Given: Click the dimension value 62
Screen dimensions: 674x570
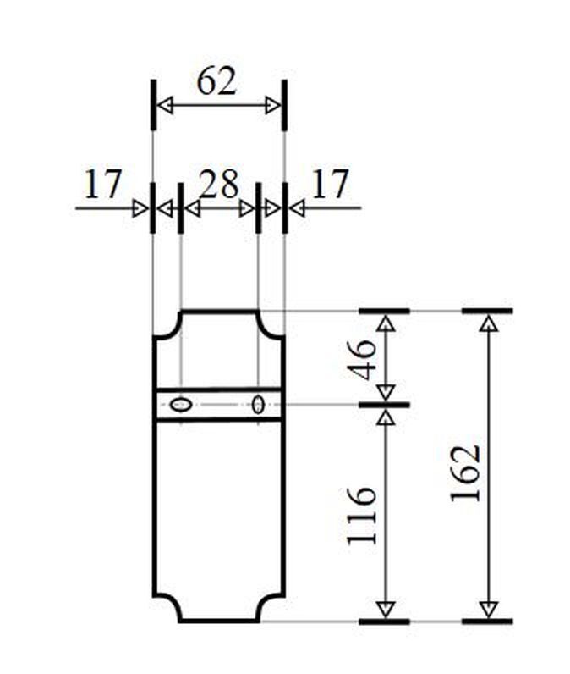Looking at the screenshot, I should [x=216, y=82].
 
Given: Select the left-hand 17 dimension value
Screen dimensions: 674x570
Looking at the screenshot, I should [x=103, y=184].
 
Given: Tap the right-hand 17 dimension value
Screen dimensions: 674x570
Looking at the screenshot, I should [x=330, y=184].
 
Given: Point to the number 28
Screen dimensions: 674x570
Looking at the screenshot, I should [x=218, y=184].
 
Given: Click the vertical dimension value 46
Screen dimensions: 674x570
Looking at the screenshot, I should [x=363, y=358].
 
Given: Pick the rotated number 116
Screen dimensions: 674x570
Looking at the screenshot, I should [x=363, y=515].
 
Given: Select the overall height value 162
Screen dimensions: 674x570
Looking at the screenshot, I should [x=466, y=472].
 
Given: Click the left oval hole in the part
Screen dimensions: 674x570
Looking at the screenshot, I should [x=179, y=405].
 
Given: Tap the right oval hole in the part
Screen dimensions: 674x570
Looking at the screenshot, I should [x=258, y=405].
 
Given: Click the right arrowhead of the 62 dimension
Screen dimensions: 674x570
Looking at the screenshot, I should [x=272, y=106].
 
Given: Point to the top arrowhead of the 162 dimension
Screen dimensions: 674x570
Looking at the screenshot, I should [x=487, y=323].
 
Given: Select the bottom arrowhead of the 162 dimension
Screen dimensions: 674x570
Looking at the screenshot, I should [x=487, y=609].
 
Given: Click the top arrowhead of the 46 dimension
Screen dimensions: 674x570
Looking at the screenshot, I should [x=386, y=323].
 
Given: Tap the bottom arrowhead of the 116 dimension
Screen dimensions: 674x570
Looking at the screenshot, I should [x=386, y=609].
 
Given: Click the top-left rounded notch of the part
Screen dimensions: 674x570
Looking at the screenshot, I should [x=167, y=325].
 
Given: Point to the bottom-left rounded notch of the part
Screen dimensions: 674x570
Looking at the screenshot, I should [x=167, y=607].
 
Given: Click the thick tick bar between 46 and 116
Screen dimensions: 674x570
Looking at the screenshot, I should [x=385, y=406].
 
